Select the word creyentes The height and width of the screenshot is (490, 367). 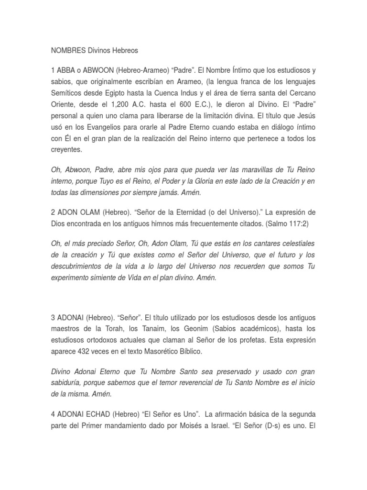66,150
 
